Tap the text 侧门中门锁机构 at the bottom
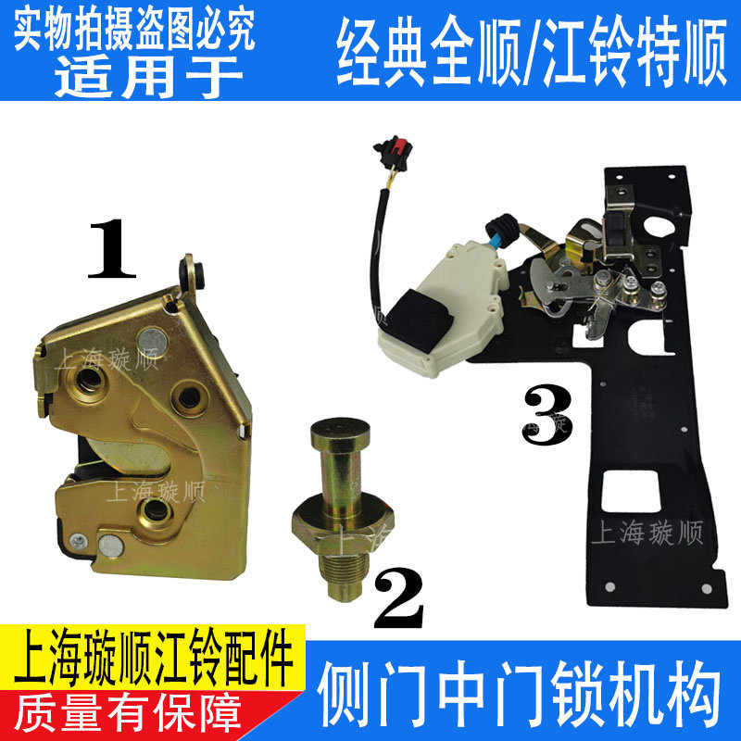[518, 690]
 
